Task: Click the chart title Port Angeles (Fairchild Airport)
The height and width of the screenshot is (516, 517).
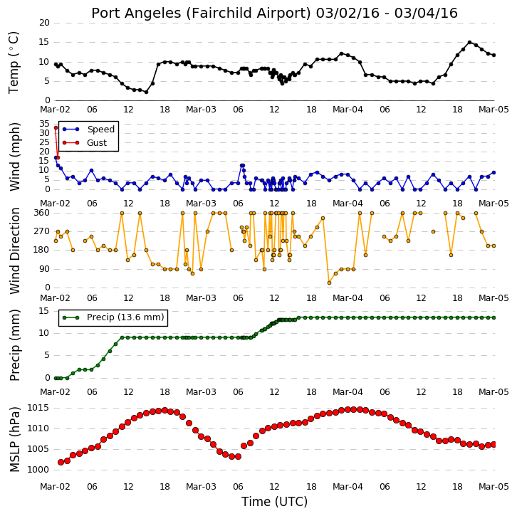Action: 201,14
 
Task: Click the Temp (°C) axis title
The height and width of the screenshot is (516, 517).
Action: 14,63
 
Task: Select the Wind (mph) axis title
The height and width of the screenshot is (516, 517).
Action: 14,157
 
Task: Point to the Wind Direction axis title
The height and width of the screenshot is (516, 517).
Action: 14,251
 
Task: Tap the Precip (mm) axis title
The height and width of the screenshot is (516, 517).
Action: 14,345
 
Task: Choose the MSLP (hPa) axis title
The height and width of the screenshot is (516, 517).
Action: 14,439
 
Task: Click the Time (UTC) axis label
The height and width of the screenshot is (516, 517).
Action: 274,502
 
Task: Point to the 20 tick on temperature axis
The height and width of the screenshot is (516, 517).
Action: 44,23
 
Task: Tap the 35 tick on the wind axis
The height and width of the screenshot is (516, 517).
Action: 44,124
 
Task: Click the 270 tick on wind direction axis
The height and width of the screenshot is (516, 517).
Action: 41,231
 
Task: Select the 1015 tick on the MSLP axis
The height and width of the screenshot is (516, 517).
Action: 38,408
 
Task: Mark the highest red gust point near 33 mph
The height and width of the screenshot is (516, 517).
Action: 56,128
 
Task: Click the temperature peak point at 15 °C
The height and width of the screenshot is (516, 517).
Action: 470,43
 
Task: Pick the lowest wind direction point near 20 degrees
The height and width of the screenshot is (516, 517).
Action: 329,283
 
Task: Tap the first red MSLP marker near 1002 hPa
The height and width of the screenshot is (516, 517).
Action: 61,463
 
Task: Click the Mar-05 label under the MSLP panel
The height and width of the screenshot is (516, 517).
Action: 493,487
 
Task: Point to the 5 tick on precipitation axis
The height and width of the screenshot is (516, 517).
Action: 47,355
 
